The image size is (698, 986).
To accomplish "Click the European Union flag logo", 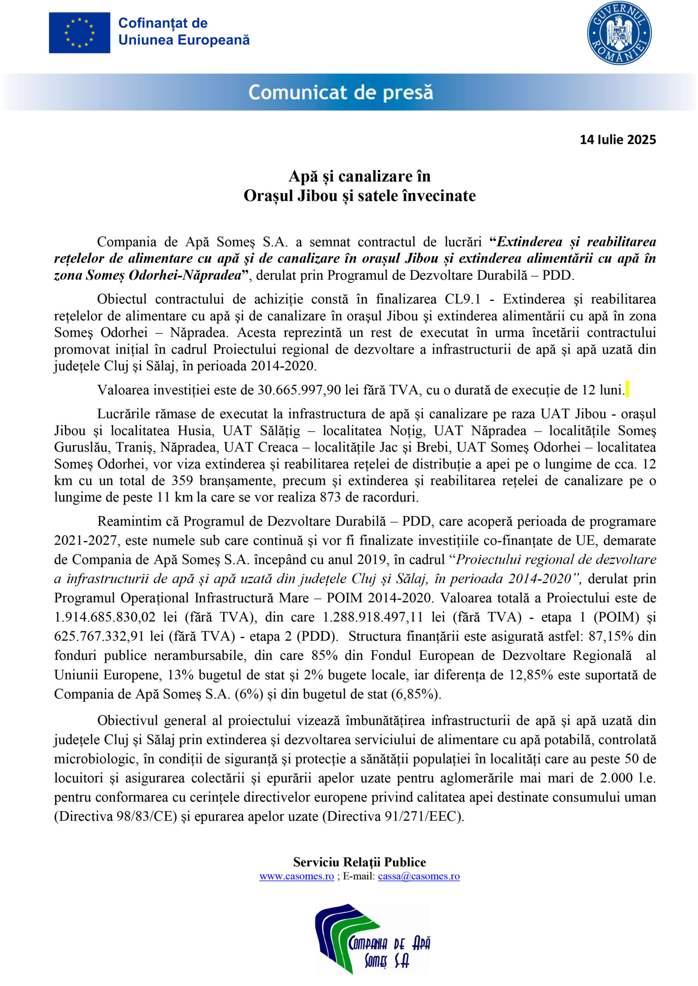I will (79, 33).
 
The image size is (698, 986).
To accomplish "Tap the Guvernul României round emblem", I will (619, 33).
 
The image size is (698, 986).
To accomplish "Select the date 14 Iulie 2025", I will (617, 139).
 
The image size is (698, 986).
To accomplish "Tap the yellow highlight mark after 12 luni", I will (627, 389).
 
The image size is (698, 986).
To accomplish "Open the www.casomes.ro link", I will (296, 877).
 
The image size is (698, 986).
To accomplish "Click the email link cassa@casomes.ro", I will (419, 877).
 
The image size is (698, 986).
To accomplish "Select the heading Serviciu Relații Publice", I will (359, 862).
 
